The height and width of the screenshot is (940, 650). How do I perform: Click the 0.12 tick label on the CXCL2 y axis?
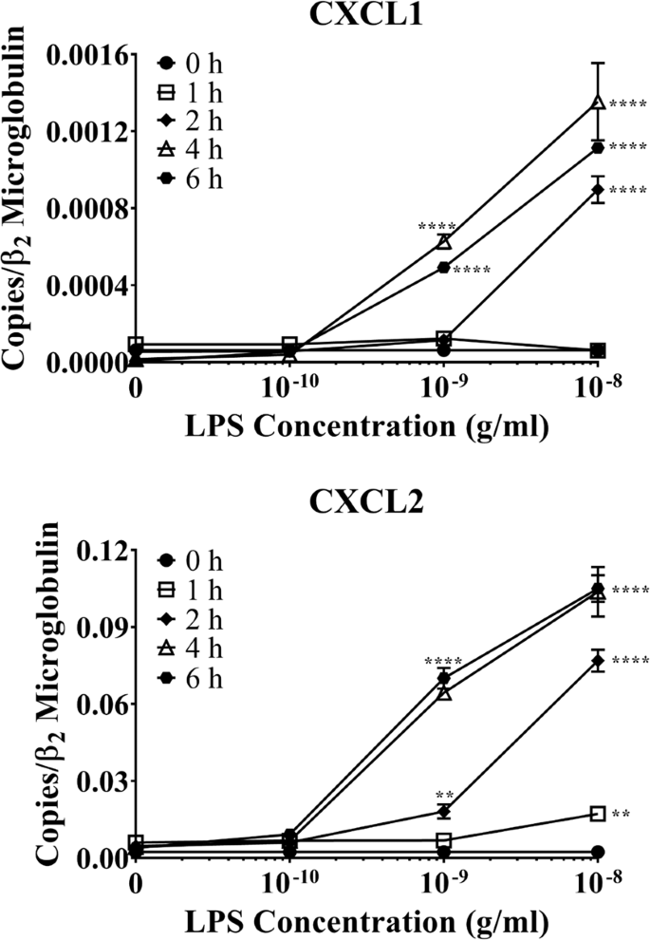[101, 552]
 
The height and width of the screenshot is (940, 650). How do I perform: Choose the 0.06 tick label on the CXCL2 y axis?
[101, 705]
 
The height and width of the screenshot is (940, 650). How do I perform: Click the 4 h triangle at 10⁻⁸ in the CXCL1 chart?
[598, 102]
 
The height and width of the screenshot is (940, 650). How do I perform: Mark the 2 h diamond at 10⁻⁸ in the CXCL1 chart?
[598, 190]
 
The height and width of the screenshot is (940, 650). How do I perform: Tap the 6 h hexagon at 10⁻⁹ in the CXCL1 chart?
[444, 268]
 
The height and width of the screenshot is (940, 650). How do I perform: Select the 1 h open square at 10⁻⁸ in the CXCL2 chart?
[598, 814]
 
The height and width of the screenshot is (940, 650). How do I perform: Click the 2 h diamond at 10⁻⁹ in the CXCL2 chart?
[444, 811]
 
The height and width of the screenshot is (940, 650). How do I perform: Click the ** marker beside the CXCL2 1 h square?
[622, 815]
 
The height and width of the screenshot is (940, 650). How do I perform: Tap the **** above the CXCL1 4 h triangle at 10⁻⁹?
[436, 226]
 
